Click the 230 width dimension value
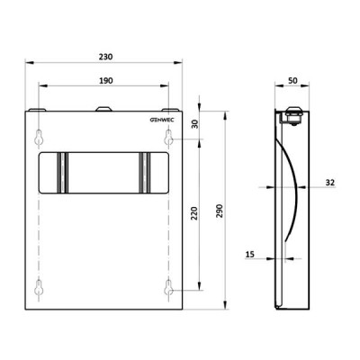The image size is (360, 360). (x=106, y=57)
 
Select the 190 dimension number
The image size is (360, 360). (x=106, y=80)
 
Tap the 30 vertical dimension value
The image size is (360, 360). (x=195, y=124)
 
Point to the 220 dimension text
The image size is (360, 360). (x=194, y=213)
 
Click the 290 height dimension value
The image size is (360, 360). (x=220, y=211)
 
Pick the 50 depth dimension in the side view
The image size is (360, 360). (x=292, y=80)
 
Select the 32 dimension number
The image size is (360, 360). (x=329, y=183)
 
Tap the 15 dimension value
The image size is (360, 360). (x=250, y=255)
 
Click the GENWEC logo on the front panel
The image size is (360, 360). (x=162, y=120)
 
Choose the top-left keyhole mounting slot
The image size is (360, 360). (x=39, y=138)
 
